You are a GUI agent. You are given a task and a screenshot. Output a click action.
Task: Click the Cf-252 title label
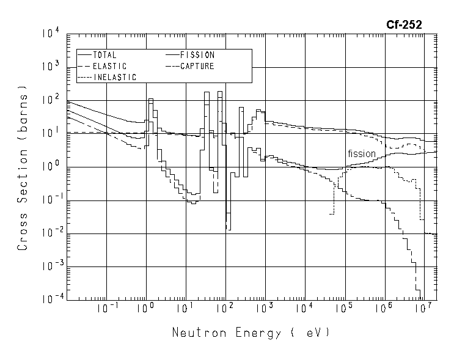(403, 24)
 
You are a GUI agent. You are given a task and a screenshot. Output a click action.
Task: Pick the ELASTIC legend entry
(109, 66)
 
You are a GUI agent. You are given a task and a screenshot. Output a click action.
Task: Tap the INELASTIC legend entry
(114, 77)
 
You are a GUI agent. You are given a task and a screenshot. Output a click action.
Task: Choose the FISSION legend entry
(197, 55)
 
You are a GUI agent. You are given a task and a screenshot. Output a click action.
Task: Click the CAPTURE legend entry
(197, 66)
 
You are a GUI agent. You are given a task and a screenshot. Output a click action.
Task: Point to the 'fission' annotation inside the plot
(362, 153)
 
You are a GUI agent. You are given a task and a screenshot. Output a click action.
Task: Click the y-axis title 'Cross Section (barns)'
(23, 172)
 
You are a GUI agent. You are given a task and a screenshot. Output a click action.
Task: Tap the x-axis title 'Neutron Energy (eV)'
(251, 333)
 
